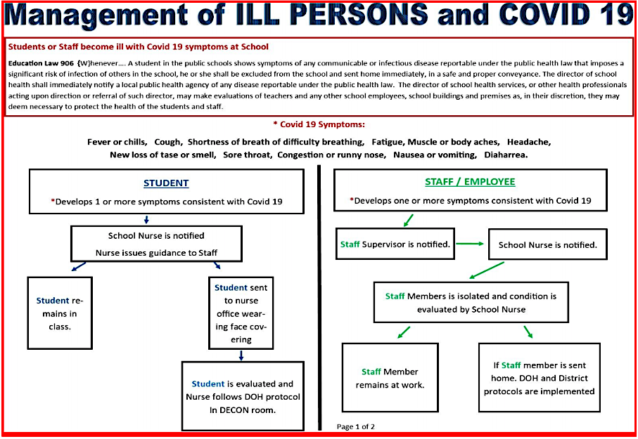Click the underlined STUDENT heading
[x=166, y=183]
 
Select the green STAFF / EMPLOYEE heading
[x=470, y=182]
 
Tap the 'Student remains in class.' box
[x=60, y=313]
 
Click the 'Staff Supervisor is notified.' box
[x=395, y=244]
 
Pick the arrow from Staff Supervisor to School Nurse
[x=470, y=244]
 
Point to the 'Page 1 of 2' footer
[x=356, y=426]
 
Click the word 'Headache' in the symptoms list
[x=528, y=142]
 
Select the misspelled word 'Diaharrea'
[x=506, y=155]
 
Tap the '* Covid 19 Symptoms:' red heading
[x=319, y=124]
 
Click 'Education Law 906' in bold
[x=41, y=63]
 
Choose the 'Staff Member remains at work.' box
[x=390, y=378]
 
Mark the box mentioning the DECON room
[x=243, y=396]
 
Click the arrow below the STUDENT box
[x=146, y=219]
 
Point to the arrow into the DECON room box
[x=241, y=355]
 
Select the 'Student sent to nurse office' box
[x=241, y=313]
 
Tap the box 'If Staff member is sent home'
[x=539, y=378]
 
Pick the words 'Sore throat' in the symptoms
[x=248, y=155]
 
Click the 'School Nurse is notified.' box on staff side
[x=548, y=244]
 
